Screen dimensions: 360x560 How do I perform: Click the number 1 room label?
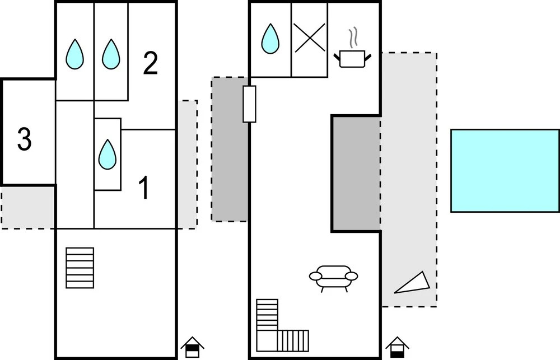[144, 188]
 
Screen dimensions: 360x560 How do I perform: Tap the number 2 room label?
[150, 63]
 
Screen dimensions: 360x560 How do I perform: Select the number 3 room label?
[24, 140]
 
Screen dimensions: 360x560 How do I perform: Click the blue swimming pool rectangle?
[505, 171]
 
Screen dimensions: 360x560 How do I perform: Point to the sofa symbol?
[333, 277]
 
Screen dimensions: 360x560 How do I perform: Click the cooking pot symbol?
[352, 58]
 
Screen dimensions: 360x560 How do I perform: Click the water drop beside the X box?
[270, 39]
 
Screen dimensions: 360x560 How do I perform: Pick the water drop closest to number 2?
[111, 54]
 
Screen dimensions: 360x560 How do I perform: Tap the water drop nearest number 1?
[108, 154]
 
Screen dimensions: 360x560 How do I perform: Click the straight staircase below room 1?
[80, 268]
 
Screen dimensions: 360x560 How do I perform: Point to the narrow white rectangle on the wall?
[249, 104]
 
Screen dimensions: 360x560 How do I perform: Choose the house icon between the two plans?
[192, 347]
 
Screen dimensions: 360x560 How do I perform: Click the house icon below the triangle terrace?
[398, 347]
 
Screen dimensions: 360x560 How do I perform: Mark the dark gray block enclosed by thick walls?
[357, 174]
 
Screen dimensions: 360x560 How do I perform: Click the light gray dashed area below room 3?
[28, 207]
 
